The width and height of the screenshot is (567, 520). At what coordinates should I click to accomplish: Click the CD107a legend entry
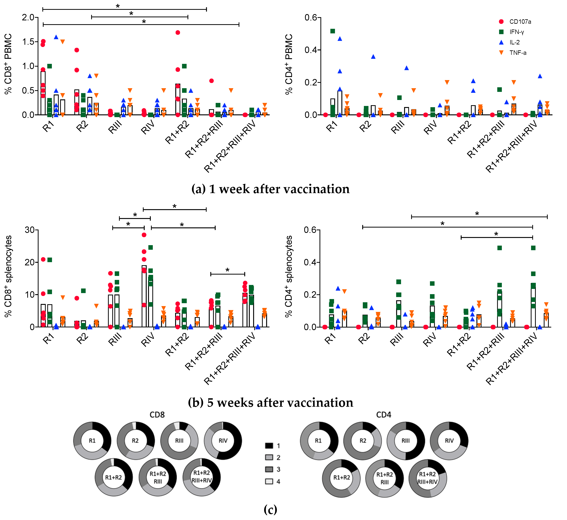coord(520,22)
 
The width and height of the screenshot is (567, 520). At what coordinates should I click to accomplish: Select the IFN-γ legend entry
coord(516,32)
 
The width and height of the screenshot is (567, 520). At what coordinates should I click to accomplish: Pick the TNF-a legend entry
coord(517,53)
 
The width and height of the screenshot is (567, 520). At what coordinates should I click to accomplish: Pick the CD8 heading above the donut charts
coord(157,415)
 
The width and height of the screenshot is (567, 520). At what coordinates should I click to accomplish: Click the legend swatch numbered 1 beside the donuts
coord(269,446)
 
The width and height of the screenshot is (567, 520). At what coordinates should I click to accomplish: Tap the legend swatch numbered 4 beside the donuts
coord(269,481)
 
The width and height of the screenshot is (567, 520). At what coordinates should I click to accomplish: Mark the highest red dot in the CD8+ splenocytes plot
coord(144,235)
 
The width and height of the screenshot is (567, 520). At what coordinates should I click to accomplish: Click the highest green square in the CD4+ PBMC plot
coord(333,31)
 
